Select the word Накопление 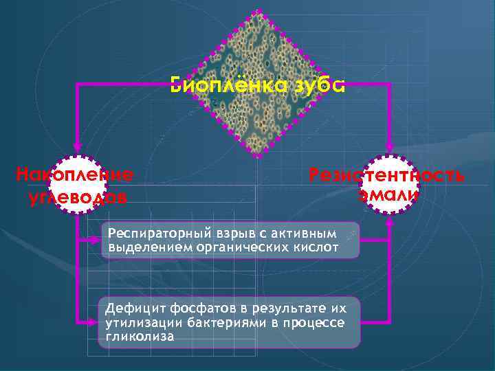point(74,174)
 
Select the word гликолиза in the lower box point(140,337)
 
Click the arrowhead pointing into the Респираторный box point(96,240)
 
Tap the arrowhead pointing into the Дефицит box point(96,321)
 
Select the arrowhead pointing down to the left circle point(77,146)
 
